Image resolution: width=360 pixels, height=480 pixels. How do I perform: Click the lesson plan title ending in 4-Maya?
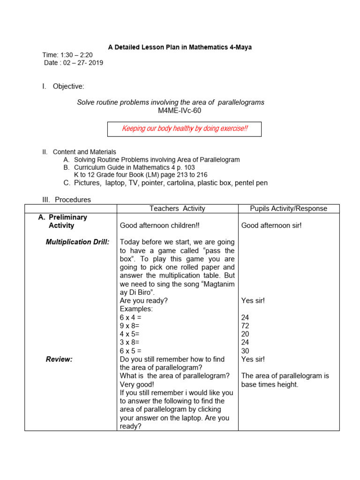(180, 47)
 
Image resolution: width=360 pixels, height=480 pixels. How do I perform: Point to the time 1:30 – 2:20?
(67, 55)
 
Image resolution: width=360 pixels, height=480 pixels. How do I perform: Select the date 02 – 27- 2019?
(74, 62)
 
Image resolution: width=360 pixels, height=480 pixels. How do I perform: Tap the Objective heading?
(68, 86)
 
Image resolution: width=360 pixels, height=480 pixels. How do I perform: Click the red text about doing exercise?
(185, 128)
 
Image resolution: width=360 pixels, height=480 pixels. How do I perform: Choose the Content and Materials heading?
(84, 152)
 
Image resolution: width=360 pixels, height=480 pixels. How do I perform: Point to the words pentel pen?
(251, 183)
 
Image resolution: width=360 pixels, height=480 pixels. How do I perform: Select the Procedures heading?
(73, 199)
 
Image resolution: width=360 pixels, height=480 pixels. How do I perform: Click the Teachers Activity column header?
(177, 209)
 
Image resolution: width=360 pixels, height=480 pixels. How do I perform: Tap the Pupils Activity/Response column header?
(288, 209)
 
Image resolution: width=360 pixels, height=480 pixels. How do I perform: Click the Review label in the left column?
(59, 359)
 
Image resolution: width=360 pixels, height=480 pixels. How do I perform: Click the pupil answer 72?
(245, 326)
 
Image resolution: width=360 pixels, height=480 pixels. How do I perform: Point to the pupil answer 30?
(245, 351)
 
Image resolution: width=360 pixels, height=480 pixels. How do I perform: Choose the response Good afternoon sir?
(271, 225)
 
